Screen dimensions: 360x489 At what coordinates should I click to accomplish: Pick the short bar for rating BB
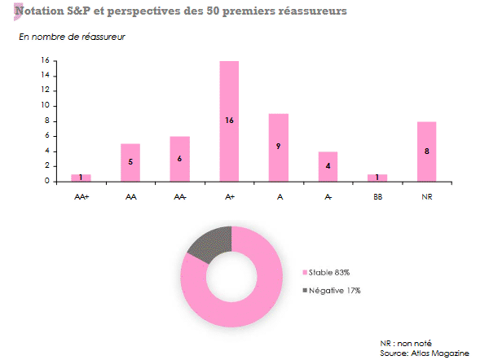[377, 178]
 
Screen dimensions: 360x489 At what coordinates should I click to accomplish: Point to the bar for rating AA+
[81, 178]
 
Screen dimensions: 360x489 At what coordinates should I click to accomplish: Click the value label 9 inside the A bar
[279, 147]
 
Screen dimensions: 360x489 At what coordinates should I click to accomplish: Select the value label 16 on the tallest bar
[229, 121]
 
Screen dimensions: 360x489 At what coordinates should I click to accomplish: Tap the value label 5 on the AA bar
[130, 162]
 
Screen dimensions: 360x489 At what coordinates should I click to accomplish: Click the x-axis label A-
[328, 196]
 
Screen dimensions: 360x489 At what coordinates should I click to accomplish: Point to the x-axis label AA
[130, 196]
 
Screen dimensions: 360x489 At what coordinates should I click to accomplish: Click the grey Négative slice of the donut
[210, 244]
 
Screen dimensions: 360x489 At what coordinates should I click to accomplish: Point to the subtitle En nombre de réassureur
[72, 37]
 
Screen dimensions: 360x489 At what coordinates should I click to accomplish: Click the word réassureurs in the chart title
[310, 11]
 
